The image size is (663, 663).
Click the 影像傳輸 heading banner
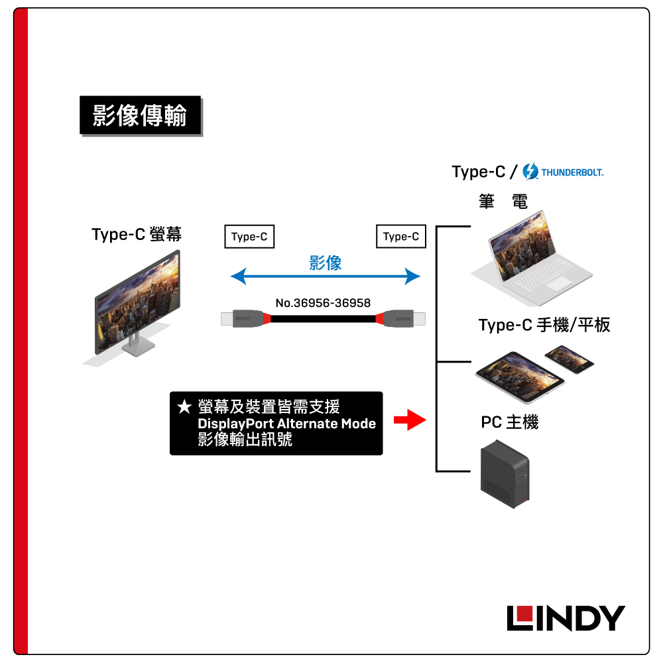point(140,116)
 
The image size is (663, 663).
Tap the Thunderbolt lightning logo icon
point(530,172)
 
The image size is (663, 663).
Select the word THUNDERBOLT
point(572,173)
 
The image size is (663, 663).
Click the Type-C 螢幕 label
point(137,235)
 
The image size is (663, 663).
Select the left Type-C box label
point(249,237)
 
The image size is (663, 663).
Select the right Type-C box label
point(400,237)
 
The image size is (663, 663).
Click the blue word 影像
point(326,263)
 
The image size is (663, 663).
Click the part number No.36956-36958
point(323,303)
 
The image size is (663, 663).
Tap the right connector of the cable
point(404,320)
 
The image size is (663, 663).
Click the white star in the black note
point(184,406)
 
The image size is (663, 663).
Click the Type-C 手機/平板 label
point(544,325)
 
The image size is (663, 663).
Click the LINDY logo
point(566,618)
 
